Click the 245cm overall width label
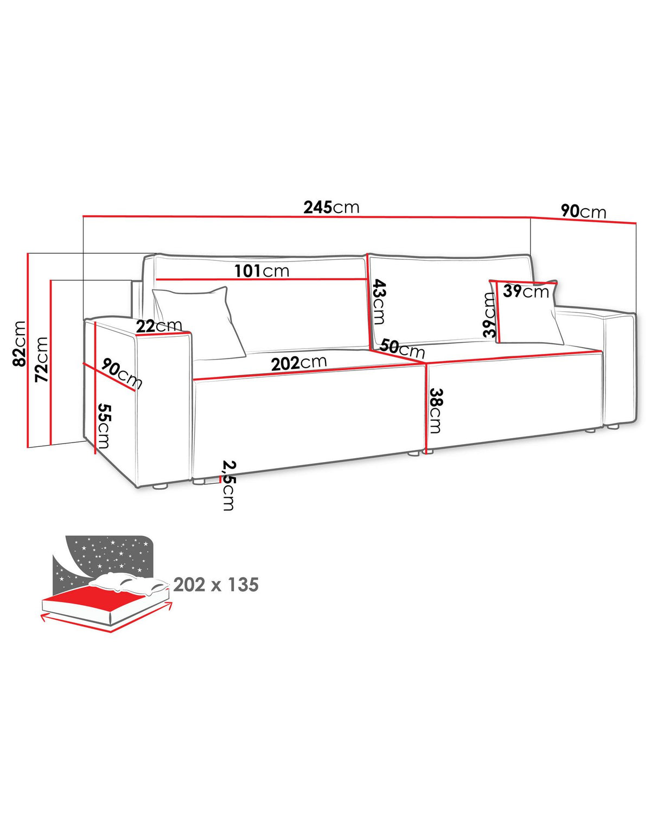tap(331, 207)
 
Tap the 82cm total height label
tap(19, 343)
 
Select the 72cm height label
tap(42, 359)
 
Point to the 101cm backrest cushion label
tap(262, 271)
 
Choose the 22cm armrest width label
tap(159, 326)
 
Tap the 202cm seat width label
tap(299, 363)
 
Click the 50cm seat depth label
tap(402, 348)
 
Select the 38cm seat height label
tap(436, 411)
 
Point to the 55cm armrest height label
tap(104, 426)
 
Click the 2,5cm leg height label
tap(228, 485)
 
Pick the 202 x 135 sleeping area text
tap(216, 585)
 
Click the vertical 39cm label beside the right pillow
tap(489, 315)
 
